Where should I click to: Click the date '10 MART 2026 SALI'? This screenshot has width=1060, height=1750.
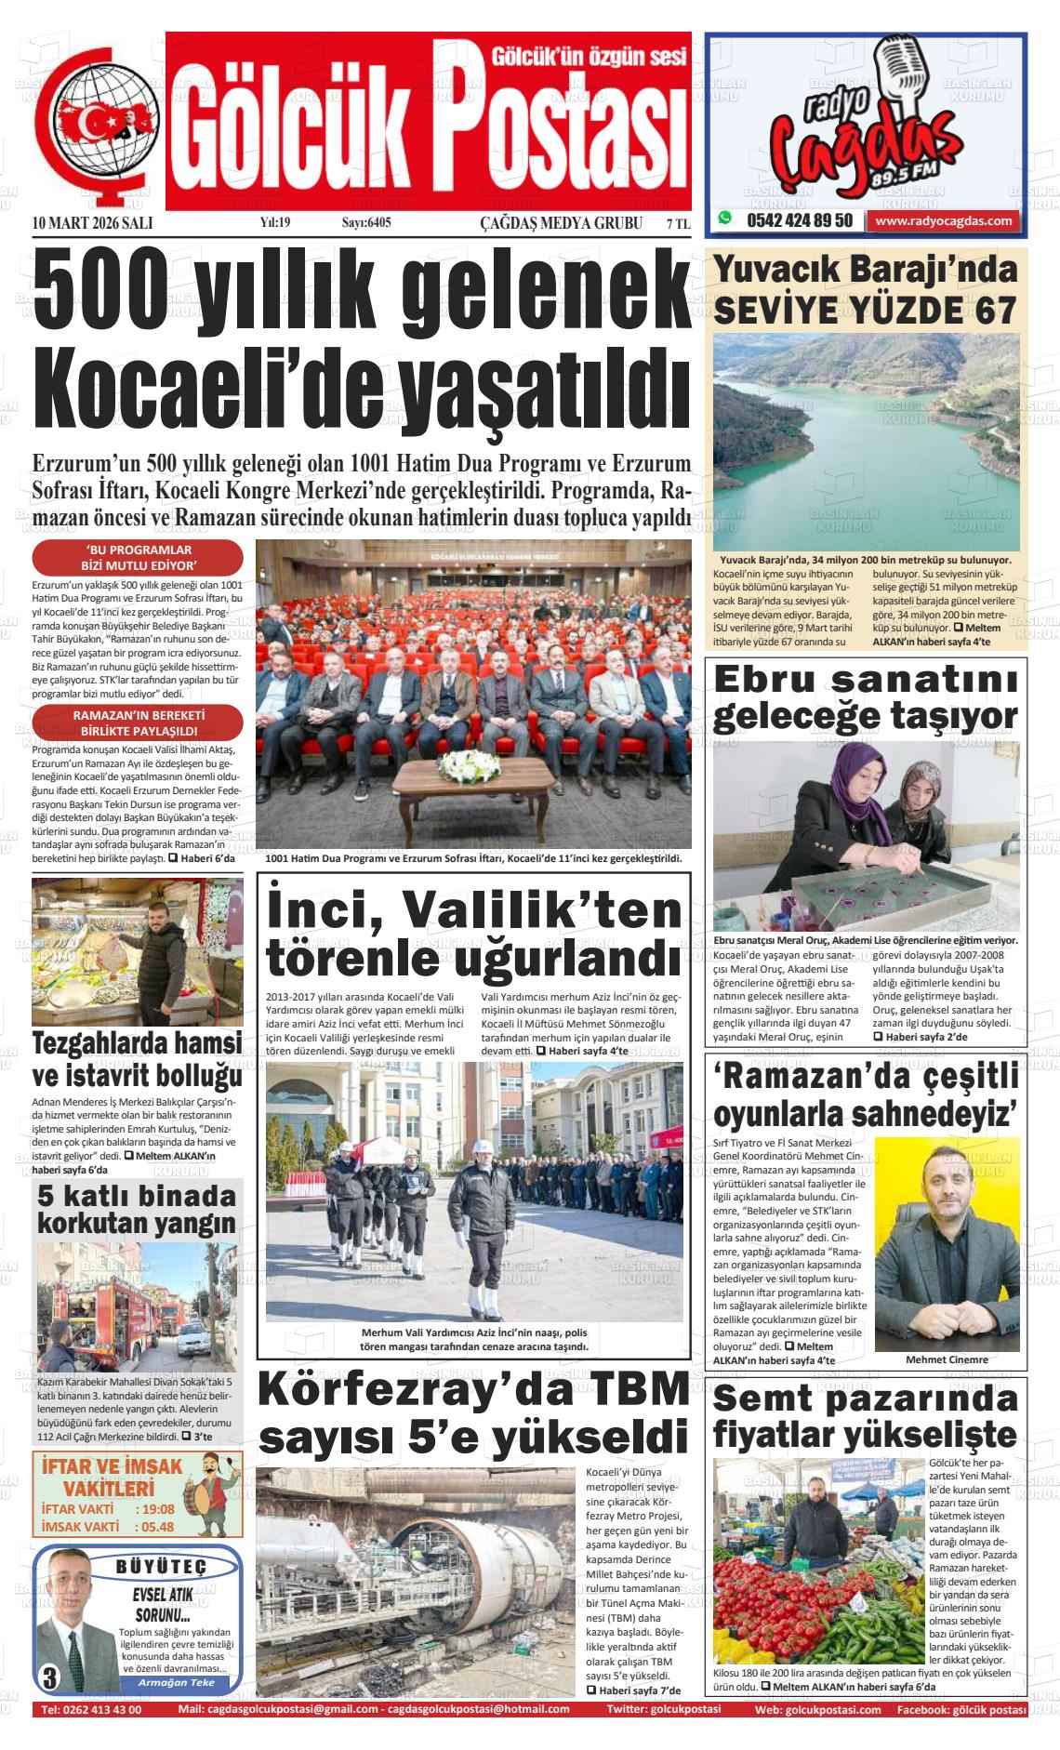pyautogui.click(x=92, y=223)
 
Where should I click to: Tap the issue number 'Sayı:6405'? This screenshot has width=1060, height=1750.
pyautogui.click(x=366, y=223)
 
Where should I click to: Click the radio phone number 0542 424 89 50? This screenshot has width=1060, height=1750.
pyautogui.click(x=800, y=220)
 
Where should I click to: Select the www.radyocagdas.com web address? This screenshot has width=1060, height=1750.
pyautogui.click(x=943, y=220)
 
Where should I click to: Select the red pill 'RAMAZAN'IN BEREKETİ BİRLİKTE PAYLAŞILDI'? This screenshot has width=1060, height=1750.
pyautogui.click(x=138, y=723)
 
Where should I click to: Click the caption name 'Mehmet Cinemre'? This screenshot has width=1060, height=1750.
pyautogui.click(x=947, y=1359)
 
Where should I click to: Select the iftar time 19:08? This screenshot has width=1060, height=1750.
pyautogui.click(x=154, y=1509)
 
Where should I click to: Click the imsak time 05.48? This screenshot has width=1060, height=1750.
pyautogui.click(x=154, y=1527)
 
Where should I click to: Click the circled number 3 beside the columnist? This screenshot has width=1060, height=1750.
pyautogui.click(x=48, y=1677)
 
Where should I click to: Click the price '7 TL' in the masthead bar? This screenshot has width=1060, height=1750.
pyautogui.click(x=678, y=223)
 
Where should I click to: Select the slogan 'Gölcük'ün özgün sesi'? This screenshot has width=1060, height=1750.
pyautogui.click(x=589, y=56)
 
